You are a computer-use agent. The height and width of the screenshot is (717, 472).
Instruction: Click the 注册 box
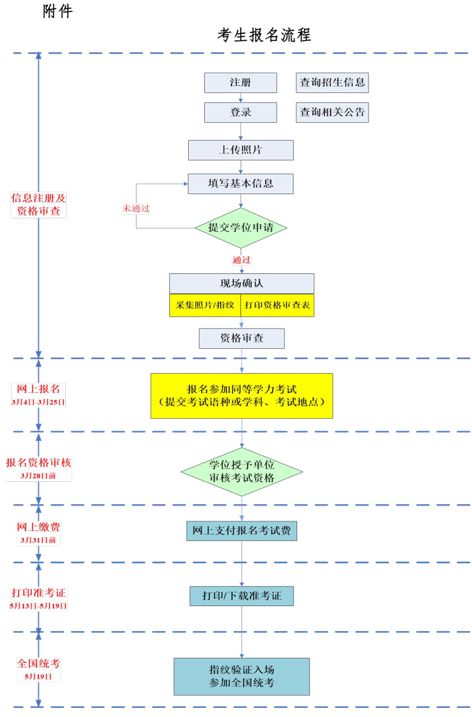tap(240, 83)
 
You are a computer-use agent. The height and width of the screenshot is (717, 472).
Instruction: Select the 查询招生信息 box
tap(332, 83)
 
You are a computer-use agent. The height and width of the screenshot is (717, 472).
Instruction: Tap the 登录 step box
tap(240, 112)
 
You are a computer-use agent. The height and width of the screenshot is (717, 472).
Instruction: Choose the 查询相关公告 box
tap(332, 112)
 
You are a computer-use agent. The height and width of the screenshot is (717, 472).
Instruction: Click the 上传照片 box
tap(240, 150)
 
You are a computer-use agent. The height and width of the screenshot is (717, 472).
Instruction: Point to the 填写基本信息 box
tap(240, 184)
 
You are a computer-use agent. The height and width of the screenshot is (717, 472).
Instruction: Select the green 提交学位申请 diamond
tap(240, 227)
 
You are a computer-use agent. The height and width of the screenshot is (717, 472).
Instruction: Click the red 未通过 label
tap(136, 208)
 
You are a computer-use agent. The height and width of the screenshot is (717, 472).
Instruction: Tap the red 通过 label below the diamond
tap(241, 260)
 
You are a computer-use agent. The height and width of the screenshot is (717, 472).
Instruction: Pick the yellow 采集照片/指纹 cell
tap(205, 305)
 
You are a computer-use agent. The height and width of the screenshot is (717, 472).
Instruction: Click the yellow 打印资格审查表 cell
tap(277, 305)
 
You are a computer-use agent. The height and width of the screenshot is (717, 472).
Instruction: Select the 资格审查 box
tap(242, 338)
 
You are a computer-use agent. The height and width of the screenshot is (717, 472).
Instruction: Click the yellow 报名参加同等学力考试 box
tap(242, 395)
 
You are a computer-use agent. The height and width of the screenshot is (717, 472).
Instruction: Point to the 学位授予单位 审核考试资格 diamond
tap(242, 472)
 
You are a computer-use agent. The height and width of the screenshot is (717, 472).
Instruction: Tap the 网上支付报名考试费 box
tap(242, 530)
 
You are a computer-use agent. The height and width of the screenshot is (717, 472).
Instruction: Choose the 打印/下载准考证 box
tap(242, 596)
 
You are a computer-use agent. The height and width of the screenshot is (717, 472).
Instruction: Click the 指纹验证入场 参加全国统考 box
tap(242, 676)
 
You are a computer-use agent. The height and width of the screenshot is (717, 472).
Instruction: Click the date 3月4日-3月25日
tap(39, 402)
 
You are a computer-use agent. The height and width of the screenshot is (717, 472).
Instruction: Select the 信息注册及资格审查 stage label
tap(39, 205)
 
